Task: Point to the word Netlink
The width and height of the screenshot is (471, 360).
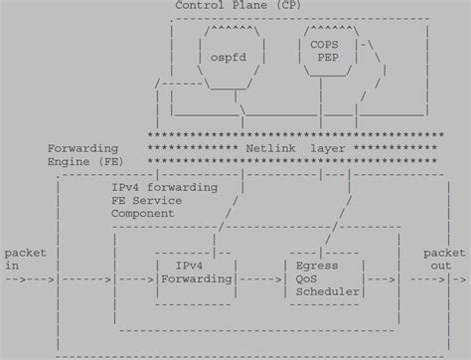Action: (267, 146)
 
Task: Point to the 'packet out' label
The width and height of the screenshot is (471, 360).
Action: (442, 259)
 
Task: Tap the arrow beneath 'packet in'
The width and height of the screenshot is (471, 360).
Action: (28, 279)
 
